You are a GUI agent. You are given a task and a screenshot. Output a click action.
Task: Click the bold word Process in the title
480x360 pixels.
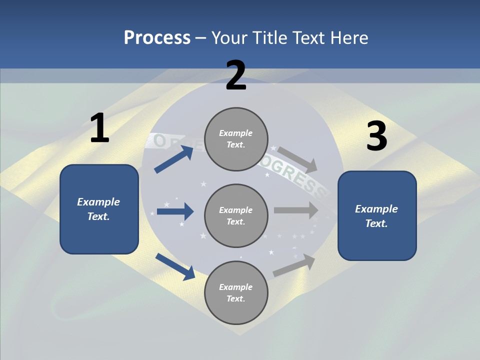click(157, 38)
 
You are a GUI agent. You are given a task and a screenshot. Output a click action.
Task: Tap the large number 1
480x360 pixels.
click(99, 128)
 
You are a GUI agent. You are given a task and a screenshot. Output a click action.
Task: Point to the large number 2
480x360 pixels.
click(236, 76)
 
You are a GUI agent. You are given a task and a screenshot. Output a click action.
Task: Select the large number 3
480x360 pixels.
click(376, 136)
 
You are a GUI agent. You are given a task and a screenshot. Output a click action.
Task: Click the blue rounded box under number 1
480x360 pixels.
click(99, 209)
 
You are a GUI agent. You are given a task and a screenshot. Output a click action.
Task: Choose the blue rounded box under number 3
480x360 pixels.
click(377, 215)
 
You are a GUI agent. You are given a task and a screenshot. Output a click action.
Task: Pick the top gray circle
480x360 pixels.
click(236, 139)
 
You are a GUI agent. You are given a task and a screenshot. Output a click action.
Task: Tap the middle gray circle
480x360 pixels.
click(236, 215)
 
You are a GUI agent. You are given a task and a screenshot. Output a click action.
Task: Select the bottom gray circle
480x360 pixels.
click(236, 292)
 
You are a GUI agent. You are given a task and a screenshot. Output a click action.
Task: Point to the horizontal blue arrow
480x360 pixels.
click(175, 211)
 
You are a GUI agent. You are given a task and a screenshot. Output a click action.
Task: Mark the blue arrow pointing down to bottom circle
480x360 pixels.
click(175, 266)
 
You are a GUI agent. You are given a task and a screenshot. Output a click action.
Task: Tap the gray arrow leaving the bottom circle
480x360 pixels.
click(294, 265)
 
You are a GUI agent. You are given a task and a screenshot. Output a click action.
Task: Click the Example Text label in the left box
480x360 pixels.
click(98, 209)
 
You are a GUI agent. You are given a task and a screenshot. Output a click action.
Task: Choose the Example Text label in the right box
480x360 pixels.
click(376, 216)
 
